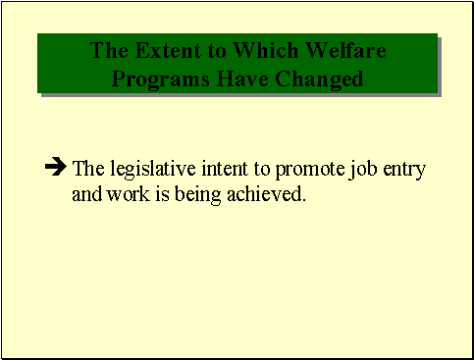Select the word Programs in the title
[x=154, y=77]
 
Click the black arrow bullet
[x=56, y=168]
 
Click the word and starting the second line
[x=85, y=194]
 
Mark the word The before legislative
[x=88, y=169]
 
